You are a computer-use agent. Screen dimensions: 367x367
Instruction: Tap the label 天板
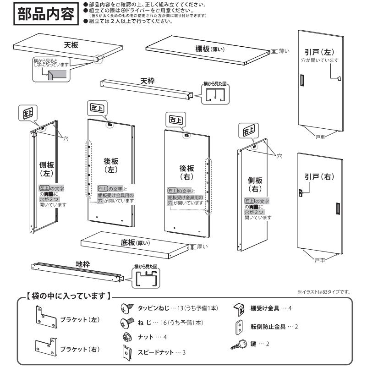click(x=71, y=45)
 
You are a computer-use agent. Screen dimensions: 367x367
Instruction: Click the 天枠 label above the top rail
click(x=147, y=81)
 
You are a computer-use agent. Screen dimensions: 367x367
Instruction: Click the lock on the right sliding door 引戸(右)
click(x=302, y=193)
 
